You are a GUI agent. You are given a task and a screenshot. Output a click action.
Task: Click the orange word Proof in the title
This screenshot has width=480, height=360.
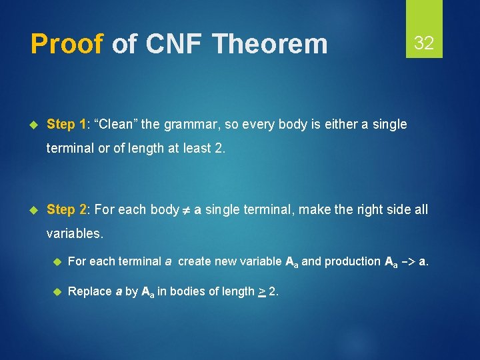click(x=67, y=45)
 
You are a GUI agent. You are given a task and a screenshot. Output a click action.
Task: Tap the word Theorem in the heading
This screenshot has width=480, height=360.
click(x=270, y=45)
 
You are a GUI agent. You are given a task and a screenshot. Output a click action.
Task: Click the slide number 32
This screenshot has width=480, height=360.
click(x=424, y=44)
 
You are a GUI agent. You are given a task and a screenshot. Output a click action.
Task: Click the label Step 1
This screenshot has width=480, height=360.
click(x=67, y=124)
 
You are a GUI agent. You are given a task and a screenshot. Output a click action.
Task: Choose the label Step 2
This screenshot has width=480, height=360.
click(x=67, y=209)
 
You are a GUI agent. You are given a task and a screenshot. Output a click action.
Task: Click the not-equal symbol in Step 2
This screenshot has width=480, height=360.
click(x=187, y=210)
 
